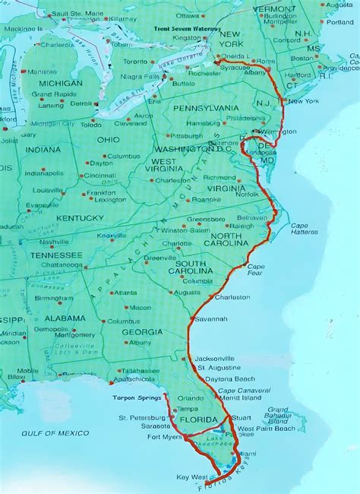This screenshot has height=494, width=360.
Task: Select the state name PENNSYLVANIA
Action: (205, 108)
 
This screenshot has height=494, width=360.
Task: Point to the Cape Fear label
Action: (255, 268)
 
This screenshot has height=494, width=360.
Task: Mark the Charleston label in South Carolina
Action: (232, 297)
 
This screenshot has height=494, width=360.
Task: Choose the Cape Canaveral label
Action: (240, 391)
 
